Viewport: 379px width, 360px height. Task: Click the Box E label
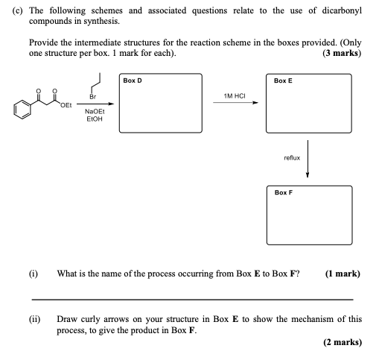click(x=284, y=80)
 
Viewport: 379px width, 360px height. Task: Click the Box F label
click(x=284, y=193)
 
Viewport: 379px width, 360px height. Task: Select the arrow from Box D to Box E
click(x=235, y=104)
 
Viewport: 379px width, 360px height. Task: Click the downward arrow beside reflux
click(x=307, y=159)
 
